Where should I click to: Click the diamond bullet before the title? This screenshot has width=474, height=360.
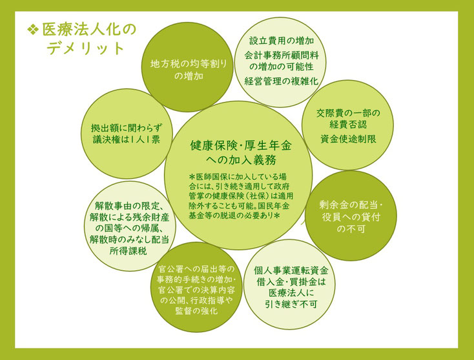[33, 29]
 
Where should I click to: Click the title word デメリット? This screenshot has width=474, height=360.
[86, 48]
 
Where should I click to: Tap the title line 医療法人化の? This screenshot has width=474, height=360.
[89, 30]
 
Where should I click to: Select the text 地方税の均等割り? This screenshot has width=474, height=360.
[189, 64]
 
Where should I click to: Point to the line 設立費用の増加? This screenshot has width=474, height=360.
[282, 41]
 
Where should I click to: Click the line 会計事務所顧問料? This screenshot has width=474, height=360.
[282, 55]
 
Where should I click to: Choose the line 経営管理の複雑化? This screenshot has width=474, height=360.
[282, 81]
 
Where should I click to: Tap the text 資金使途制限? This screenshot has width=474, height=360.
[348, 139]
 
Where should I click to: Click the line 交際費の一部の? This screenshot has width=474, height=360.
[348, 113]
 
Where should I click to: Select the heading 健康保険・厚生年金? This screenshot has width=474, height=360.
[241, 145]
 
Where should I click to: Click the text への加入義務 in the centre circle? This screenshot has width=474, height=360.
[241, 160]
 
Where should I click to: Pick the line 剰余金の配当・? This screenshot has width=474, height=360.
[351, 205]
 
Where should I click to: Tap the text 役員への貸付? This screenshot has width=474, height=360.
[351, 217]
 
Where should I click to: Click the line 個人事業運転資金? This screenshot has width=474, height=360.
[291, 270]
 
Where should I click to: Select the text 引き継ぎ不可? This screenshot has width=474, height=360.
[291, 304]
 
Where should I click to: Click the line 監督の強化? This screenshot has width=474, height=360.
[196, 310]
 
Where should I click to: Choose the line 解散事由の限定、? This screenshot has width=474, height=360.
[129, 206]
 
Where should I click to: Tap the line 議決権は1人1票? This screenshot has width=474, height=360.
[127, 139]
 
